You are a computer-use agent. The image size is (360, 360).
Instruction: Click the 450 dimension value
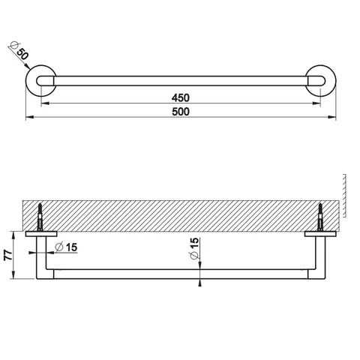(x=181, y=97)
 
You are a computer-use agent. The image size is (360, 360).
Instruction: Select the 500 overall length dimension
(x=181, y=112)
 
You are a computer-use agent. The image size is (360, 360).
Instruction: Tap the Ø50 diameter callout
(x=19, y=51)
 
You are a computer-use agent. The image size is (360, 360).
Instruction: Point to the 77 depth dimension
(x=8, y=255)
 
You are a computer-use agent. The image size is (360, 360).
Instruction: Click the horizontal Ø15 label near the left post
(x=66, y=247)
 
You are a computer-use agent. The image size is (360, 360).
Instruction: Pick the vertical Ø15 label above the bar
(x=194, y=248)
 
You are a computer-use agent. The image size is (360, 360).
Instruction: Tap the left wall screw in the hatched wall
(x=40, y=217)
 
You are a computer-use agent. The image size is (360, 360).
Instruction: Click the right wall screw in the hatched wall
(x=320, y=217)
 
